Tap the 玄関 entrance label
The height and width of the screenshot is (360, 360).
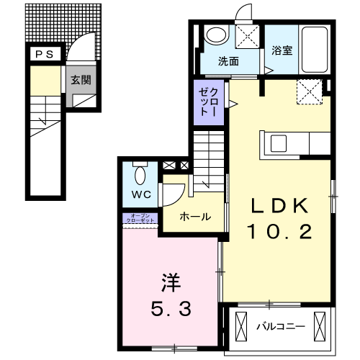(80, 81)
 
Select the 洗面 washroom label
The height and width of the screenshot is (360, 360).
(228, 61)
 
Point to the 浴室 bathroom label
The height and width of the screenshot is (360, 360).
(282, 51)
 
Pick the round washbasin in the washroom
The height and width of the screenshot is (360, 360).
(215, 35)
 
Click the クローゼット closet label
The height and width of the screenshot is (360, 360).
(212, 101)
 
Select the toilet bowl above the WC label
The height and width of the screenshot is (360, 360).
(140, 174)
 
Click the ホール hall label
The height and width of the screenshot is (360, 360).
(194, 217)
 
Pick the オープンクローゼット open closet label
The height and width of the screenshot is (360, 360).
(140, 219)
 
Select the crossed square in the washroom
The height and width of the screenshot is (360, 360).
(249, 36)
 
